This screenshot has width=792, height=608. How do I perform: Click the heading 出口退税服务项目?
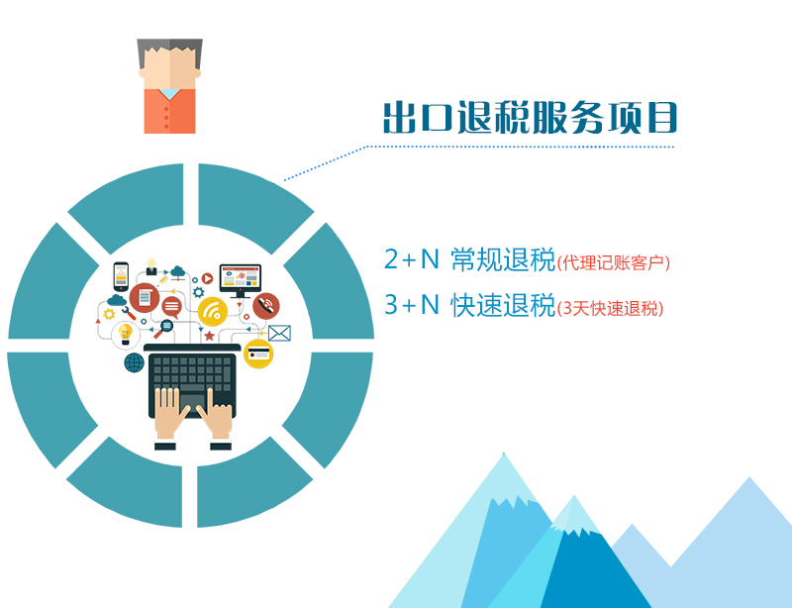tap(531, 117)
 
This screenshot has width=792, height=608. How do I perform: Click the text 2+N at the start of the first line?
tap(411, 259)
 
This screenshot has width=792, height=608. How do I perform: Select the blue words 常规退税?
tap(502, 259)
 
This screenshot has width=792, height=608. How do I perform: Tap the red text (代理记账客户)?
tap(614, 262)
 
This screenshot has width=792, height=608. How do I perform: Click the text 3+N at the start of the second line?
tap(411, 306)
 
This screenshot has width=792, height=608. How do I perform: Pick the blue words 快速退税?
tap(502, 306)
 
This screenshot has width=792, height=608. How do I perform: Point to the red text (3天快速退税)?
tap(610, 309)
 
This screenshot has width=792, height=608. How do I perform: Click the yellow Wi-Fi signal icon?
tap(213, 313)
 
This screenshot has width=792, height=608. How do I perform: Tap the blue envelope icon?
tap(279, 333)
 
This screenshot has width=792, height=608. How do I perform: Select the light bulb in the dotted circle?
tap(126, 333)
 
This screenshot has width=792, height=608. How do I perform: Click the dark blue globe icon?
tap(134, 362)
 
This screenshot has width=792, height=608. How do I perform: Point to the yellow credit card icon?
tap(258, 354)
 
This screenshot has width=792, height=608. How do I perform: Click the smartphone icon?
tap(121, 274)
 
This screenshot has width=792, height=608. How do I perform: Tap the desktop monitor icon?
tap(240, 278)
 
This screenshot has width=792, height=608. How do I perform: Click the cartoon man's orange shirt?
tap(169, 112)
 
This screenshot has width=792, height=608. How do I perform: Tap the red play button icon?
tap(208, 279)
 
